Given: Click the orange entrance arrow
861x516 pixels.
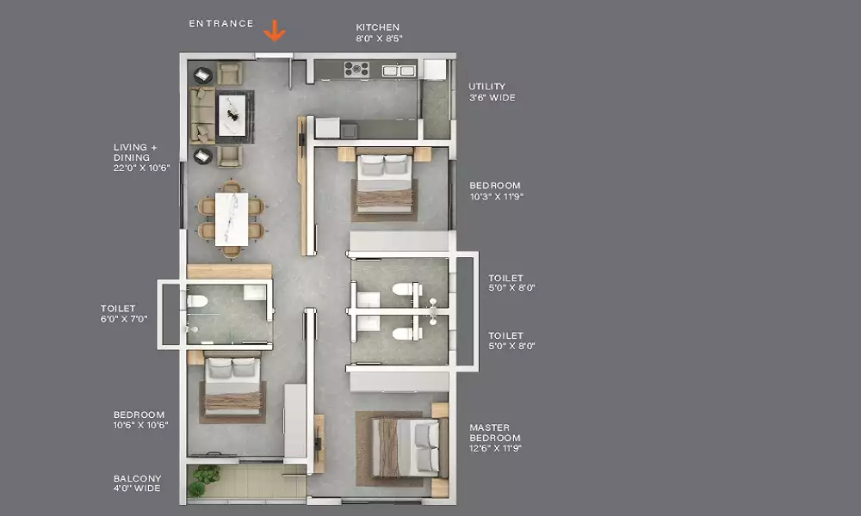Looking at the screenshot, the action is click(274, 31).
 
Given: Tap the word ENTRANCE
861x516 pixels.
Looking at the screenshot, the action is click(221, 23).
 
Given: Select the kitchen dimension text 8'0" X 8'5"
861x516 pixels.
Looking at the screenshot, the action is click(379, 39).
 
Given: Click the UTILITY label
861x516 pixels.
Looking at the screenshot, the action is click(486, 87).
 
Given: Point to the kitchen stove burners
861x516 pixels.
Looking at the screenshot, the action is click(356, 70).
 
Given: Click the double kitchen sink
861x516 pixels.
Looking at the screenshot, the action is click(399, 71).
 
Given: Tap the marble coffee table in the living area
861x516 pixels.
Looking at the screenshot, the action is click(232, 116).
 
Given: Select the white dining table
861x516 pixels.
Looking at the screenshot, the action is click(231, 218).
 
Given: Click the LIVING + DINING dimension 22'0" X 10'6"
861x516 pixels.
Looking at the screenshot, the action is click(141, 169).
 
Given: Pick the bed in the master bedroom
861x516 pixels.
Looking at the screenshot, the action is click(406, 447).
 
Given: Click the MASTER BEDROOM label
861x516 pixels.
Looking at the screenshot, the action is click(495, 433).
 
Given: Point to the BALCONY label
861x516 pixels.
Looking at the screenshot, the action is click(137, 479).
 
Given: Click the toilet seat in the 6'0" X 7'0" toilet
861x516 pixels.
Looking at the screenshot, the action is click(197, 301).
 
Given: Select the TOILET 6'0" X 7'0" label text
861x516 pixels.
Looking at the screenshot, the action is click(123, 314).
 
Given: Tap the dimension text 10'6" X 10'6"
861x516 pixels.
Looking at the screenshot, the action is click(140, 425).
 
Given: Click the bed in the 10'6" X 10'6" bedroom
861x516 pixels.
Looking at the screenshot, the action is click(232, 386).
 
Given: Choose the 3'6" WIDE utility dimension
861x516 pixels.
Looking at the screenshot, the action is click(492, 97).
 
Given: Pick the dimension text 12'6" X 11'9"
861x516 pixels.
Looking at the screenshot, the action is click(495, 449).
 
